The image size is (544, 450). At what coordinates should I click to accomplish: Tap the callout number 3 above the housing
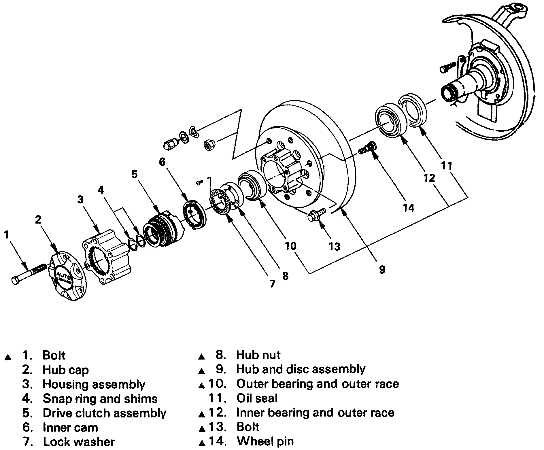click(x=80, y=200)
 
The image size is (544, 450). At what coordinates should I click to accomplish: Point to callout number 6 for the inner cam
click(x=162, y=162)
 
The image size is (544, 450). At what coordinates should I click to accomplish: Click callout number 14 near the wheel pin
click(x=408, y=207)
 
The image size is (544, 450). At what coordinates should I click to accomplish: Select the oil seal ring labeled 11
click(x=412, y=109)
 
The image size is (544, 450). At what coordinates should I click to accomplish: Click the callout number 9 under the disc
click(x=382, y=270)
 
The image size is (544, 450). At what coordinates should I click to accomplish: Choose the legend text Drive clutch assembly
click(x=104, y=413)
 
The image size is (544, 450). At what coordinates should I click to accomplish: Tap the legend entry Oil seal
click(x=257, y=398)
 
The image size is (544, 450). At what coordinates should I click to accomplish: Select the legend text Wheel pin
click(x=265, y=441)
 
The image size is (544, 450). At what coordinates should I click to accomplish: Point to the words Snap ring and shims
click(x=100, y=399)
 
